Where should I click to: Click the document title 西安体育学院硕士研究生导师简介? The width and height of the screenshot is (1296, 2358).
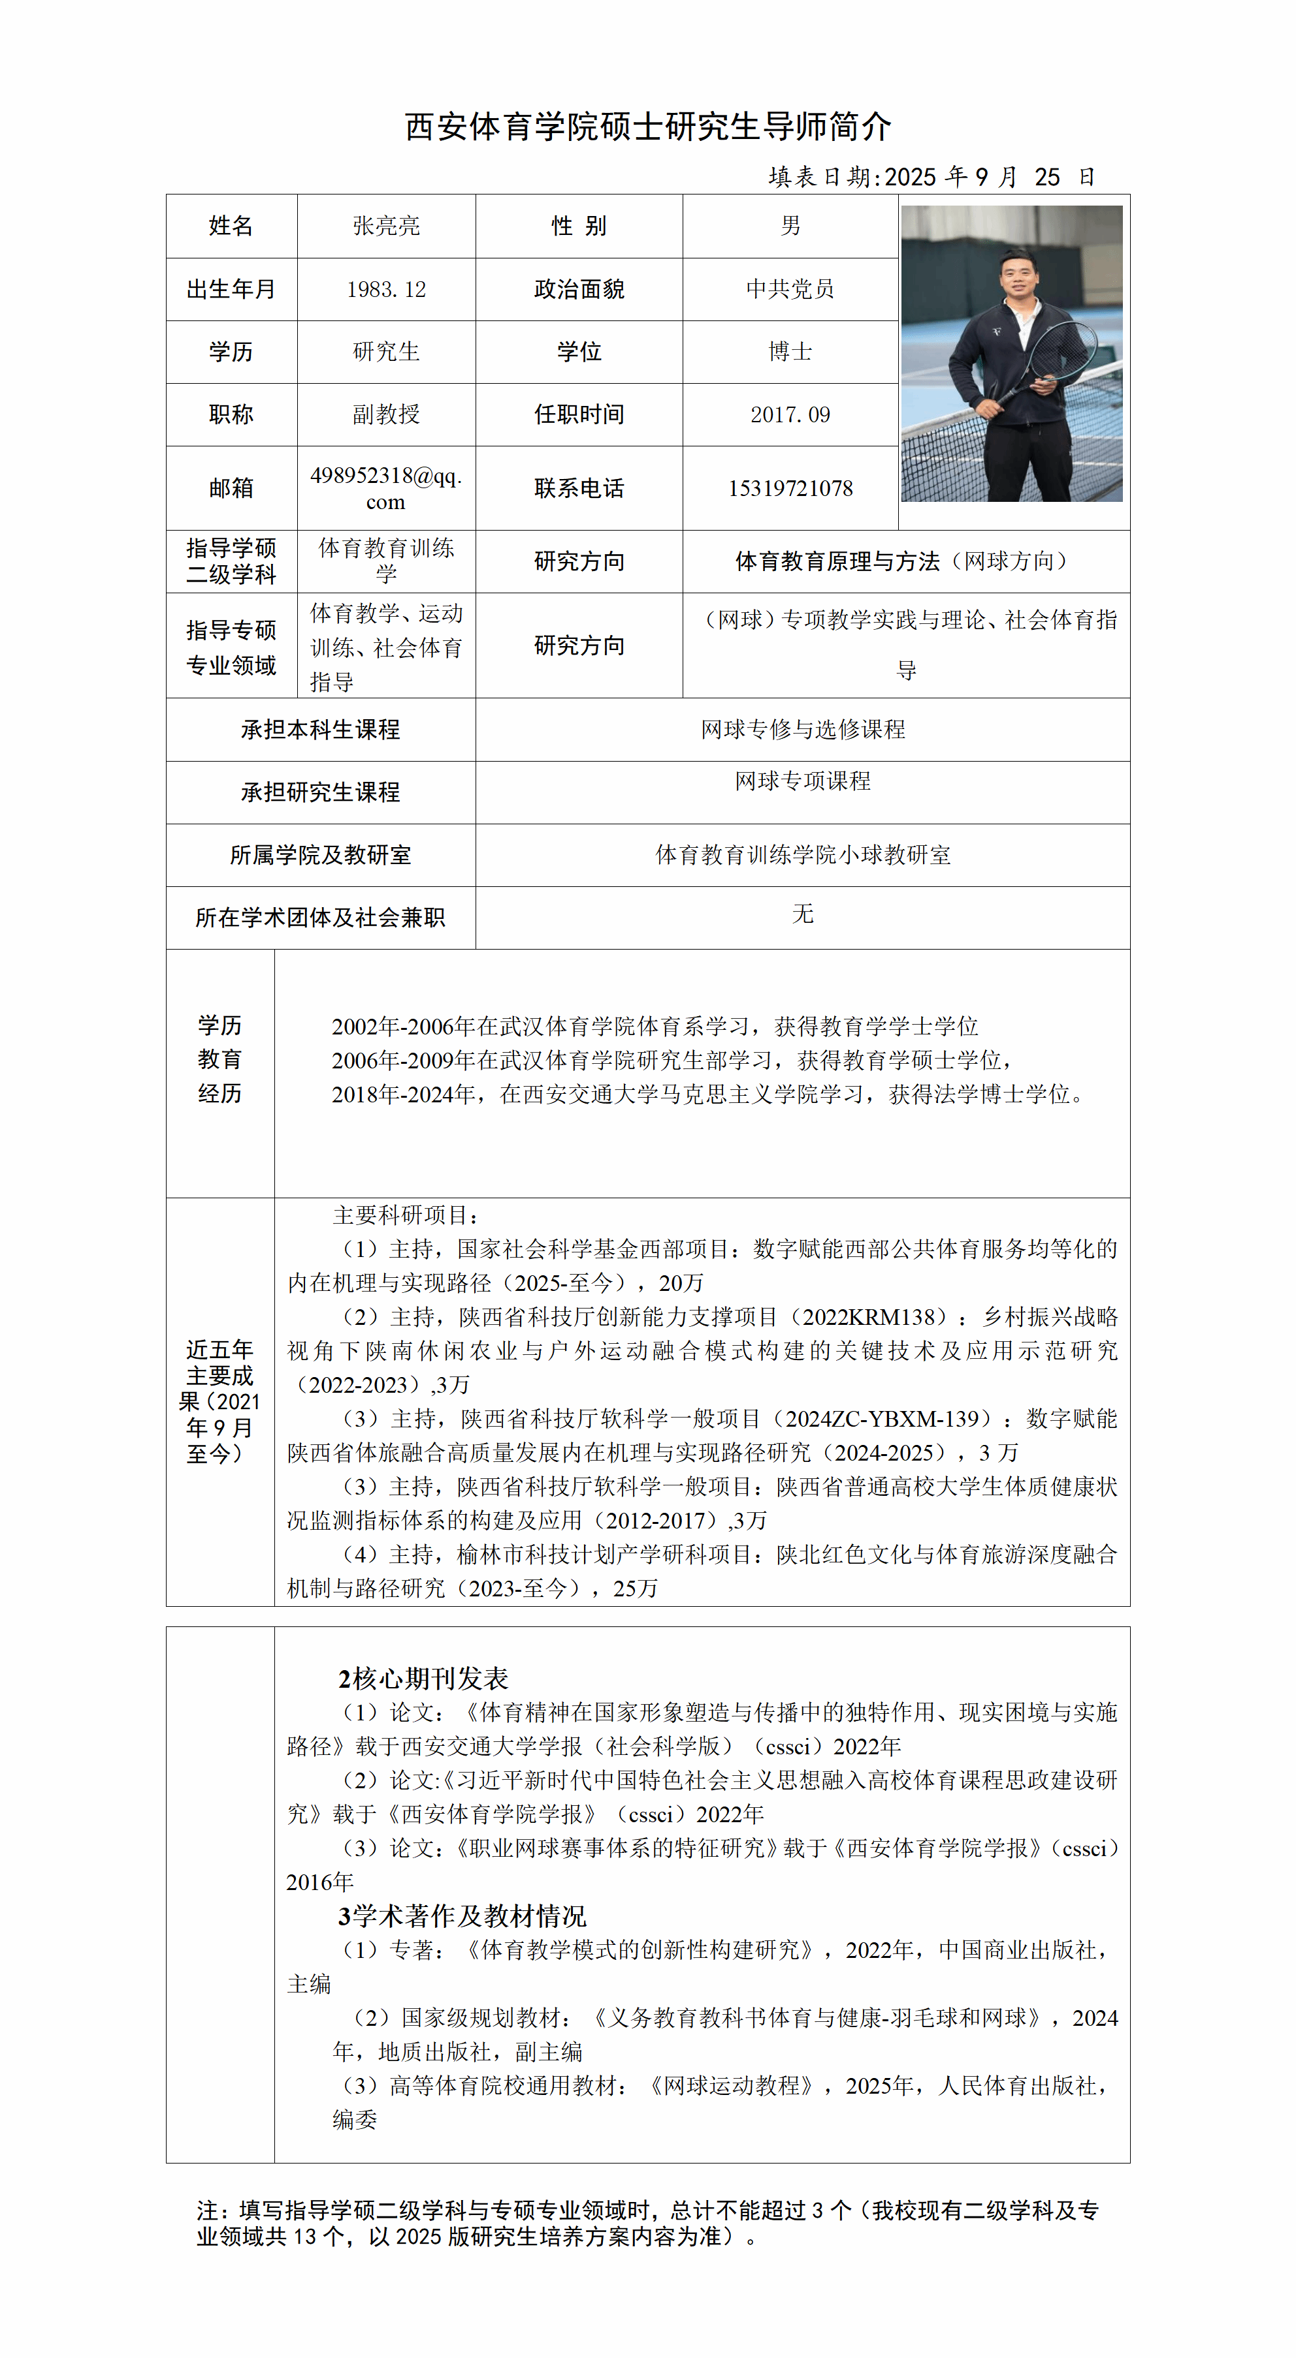coord(647,127)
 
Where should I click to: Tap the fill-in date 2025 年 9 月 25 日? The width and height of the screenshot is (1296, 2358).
coord(931,177)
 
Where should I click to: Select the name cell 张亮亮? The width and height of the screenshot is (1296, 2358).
coord(385,226)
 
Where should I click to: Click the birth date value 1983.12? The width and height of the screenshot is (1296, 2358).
coord(385,289)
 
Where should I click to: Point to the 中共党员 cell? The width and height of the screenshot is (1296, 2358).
coord(790,289)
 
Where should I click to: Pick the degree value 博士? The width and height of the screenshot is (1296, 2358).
coord(790,352)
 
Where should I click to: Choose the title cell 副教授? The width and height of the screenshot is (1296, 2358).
coord(385,414)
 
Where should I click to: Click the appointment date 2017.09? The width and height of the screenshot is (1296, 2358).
coord(790,414)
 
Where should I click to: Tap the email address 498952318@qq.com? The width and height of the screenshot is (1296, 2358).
coord(385,488)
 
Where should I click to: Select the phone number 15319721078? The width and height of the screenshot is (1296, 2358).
coord(790,489)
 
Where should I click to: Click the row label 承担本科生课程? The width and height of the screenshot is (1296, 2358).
coord(321,730)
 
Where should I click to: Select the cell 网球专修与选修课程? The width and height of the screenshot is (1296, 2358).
coord(802,730)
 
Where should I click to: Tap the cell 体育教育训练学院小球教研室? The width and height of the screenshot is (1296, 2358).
coord(802,855)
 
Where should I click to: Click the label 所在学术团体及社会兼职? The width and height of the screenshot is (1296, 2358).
coord(321,917)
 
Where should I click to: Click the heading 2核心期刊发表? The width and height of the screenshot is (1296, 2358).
coord(423,1679)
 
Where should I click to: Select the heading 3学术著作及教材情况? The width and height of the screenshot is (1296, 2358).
coord(462,1916)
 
